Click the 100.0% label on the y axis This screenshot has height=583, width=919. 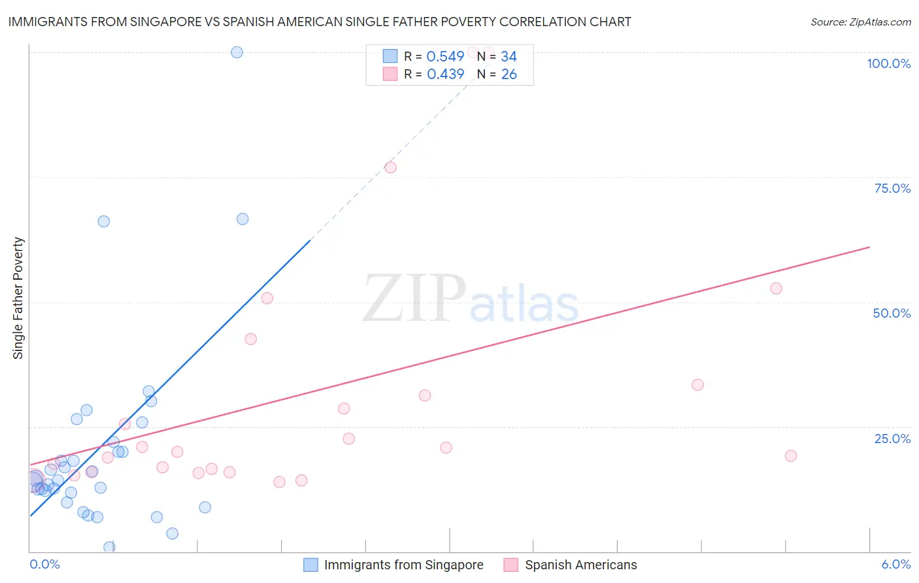[x=888, y=63]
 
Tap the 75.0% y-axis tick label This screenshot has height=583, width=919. [x=892, y=188]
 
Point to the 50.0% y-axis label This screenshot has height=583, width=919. [x=892, y=313]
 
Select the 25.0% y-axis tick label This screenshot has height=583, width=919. [x=892, y=439]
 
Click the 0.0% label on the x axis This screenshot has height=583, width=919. [x=45, y=564]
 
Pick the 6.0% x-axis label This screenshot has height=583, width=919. [x=895, y=564]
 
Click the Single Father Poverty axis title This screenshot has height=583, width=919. [x=18, y=298]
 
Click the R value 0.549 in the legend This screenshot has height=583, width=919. [x=445, y=57]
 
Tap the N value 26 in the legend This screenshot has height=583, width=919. [x=509, y=75]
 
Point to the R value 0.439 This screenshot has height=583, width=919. [x=445, y=75]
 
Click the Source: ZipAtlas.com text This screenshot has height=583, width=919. [x=860, y=22]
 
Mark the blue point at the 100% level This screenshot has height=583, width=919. [x=237, y=52]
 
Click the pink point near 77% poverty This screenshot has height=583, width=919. [x=390, y=167]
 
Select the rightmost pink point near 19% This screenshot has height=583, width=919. [x=790, y=456]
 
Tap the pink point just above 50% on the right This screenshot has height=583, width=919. [x=776, y=288]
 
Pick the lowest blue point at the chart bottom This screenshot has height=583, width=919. [x=109, y=547]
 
